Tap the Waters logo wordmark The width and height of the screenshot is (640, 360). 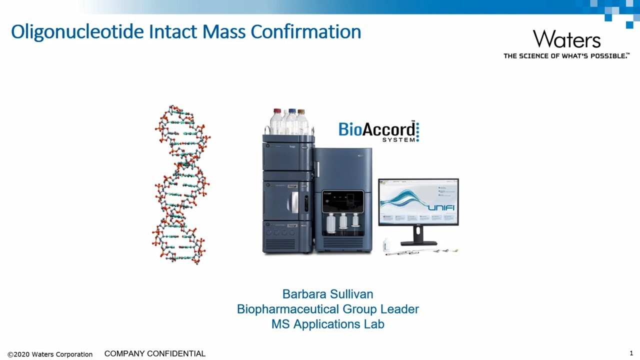coord(566,39)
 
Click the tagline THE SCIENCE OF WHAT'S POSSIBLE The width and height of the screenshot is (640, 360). coord(566,56)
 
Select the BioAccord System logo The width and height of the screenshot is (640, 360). coord(378,131)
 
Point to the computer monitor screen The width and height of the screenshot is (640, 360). coord(418,202)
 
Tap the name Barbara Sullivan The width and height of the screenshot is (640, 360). coord(327,294)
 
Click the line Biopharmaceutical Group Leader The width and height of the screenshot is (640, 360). coord(327,309)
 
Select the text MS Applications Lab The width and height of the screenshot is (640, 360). coord(327,324)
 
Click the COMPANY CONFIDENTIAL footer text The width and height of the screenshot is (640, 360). coord(154,353)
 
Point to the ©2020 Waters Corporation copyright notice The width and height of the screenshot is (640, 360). coord(50,354)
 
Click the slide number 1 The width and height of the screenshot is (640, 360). coord(631,353)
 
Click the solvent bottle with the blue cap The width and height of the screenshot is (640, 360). coord(291,121)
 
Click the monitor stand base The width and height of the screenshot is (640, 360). coord(418,243)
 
